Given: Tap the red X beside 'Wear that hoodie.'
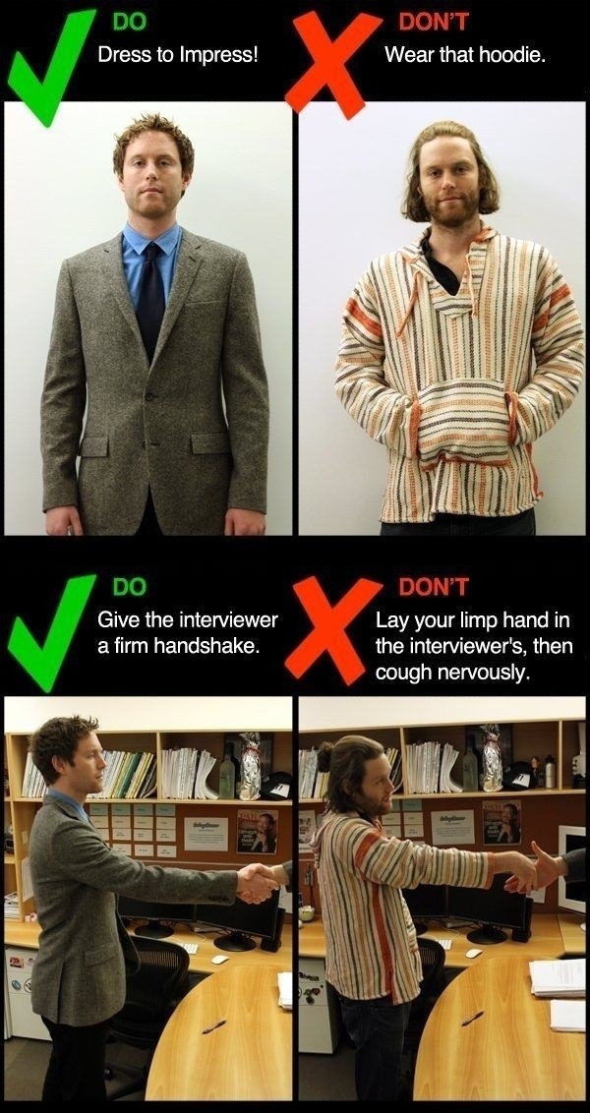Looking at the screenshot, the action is (x=332, y=65).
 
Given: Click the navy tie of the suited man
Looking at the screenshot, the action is (x=149, y=298).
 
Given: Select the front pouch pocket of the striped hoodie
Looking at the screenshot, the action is (x=463, y=423).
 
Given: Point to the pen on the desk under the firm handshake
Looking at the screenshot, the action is (x=213, y=1026).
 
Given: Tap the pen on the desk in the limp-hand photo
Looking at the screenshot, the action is (x=473, y=1019).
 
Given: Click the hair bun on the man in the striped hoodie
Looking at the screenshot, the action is (x=325, y=757).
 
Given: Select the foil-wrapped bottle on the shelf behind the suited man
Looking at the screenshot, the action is (x=249, y=766).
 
